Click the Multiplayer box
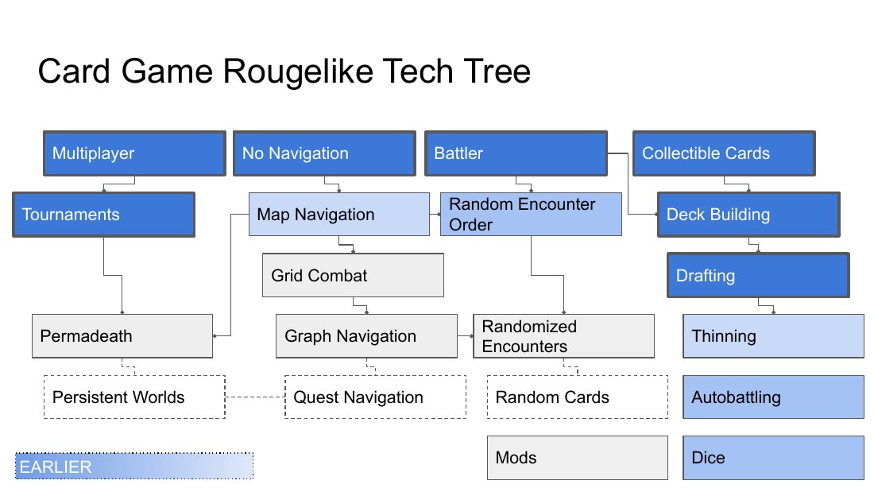coord(134,153)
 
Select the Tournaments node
coord(103,215)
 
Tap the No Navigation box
coord(324,153)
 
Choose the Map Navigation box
coord(339,214)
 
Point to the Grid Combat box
coord(353,275)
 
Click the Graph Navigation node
coord(366,335)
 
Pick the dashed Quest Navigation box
coord(375,397)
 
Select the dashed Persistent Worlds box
coord(134,397)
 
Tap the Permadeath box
coord(122,335)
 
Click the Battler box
coord(516,153)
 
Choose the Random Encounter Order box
coord(531,214)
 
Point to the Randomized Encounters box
coord(563,335)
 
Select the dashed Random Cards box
coord(578,397)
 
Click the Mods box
coord(578,457)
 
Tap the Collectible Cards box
coord(724,153)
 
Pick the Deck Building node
coord(748,215)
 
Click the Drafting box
coord(758,275)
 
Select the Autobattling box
coord(773,397)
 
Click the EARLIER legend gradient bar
coord(133,466)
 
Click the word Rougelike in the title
coord(299,72)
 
